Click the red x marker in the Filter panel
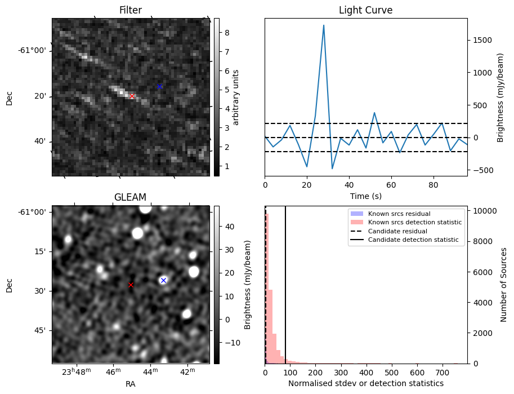(132, 96)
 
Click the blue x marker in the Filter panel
(159, 86)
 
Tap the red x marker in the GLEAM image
(131, 285)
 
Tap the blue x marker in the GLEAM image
(163, 280)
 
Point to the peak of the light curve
(324, 25)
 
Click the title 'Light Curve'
(365, 10)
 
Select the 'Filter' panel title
(130, 10)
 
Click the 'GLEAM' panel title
(130, 197)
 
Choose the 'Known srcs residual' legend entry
(399, 214)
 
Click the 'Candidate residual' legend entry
(398, 232)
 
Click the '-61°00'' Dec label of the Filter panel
(32, 51)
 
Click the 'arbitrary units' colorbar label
(236, 97)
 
